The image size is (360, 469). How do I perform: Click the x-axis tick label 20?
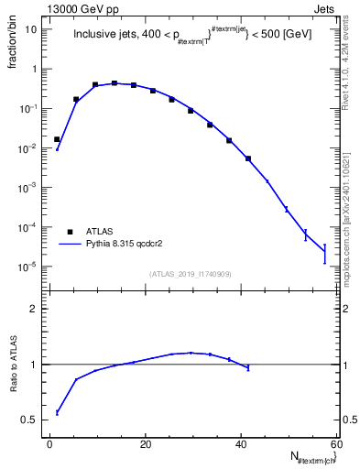pos(146,444)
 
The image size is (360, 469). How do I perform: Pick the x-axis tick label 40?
pos(241,444)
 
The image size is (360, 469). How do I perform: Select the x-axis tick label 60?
pos(336,444)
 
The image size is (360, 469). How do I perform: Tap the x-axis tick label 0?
pos(50,444)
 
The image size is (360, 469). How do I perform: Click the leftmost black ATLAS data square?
pos(57,139)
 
